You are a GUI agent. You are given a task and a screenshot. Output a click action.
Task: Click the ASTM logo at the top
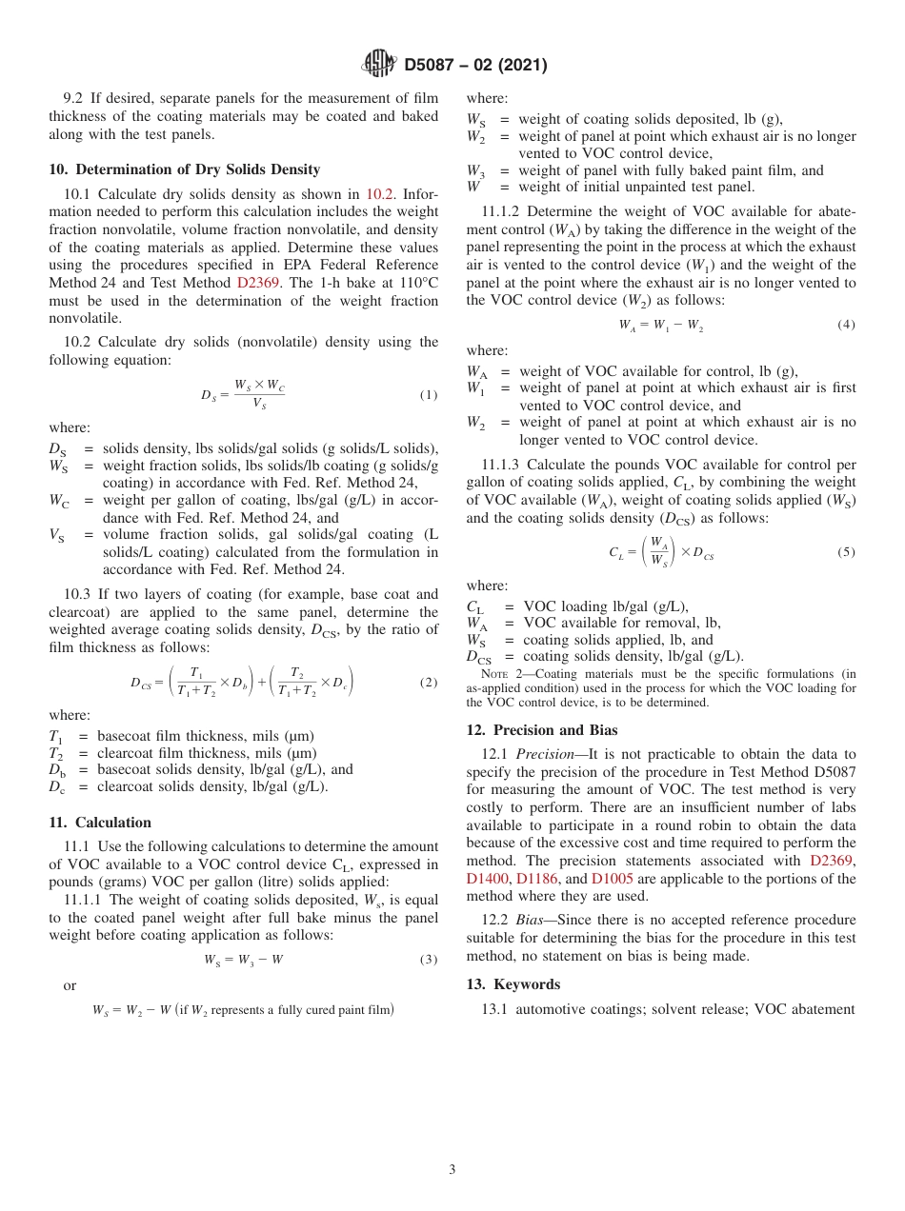coord(378,65)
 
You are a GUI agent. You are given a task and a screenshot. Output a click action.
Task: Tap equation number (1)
coord(429,395)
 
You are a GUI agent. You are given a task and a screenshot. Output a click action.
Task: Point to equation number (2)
coord(429,683)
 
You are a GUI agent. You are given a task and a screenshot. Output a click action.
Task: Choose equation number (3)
coord(429,959)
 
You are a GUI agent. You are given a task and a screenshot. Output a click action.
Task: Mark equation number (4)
coord(846,325)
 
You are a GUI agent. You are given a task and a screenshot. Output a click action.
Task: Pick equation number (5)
coord(846,552)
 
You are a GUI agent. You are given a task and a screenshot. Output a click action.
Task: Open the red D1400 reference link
coord(489,879)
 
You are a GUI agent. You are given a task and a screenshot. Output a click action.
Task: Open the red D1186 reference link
coord(538,879)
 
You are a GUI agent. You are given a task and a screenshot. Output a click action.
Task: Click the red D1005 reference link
coord(612,879)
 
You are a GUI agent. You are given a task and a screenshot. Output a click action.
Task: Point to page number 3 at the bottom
coord(452,1169)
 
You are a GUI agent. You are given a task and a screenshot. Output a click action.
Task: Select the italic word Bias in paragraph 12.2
coord(529,920)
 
